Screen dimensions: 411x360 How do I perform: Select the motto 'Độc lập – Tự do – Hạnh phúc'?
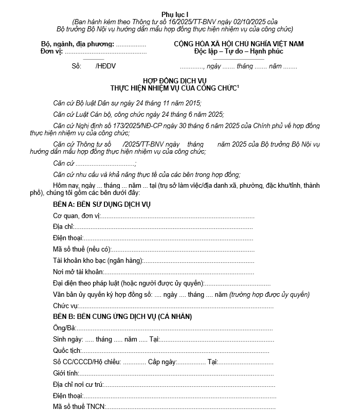point(239,51)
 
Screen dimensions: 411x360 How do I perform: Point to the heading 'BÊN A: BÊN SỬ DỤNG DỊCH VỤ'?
point(102,205)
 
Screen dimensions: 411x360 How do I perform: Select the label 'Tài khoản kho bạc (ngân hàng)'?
point(98,261)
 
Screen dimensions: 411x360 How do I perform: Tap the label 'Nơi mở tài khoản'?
point(78,272)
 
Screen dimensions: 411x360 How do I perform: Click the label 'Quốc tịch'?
point(66,351)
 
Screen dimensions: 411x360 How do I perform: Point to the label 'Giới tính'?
point(65,373)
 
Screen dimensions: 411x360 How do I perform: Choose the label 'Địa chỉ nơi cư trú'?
point(78,385)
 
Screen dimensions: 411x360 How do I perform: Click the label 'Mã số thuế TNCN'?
point(79,407)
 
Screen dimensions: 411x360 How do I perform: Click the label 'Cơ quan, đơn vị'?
point(77,216)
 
